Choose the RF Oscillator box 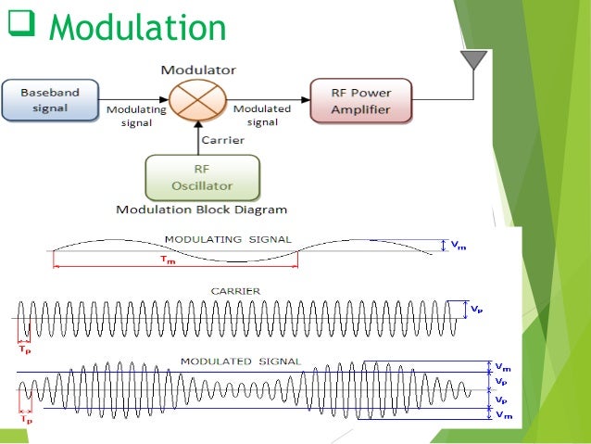(202, 175)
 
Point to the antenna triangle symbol (475, 60)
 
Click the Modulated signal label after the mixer (261, 115)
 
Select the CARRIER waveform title (238, 291)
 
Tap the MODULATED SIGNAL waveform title (241, 360)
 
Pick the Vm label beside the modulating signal (458, 246)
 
